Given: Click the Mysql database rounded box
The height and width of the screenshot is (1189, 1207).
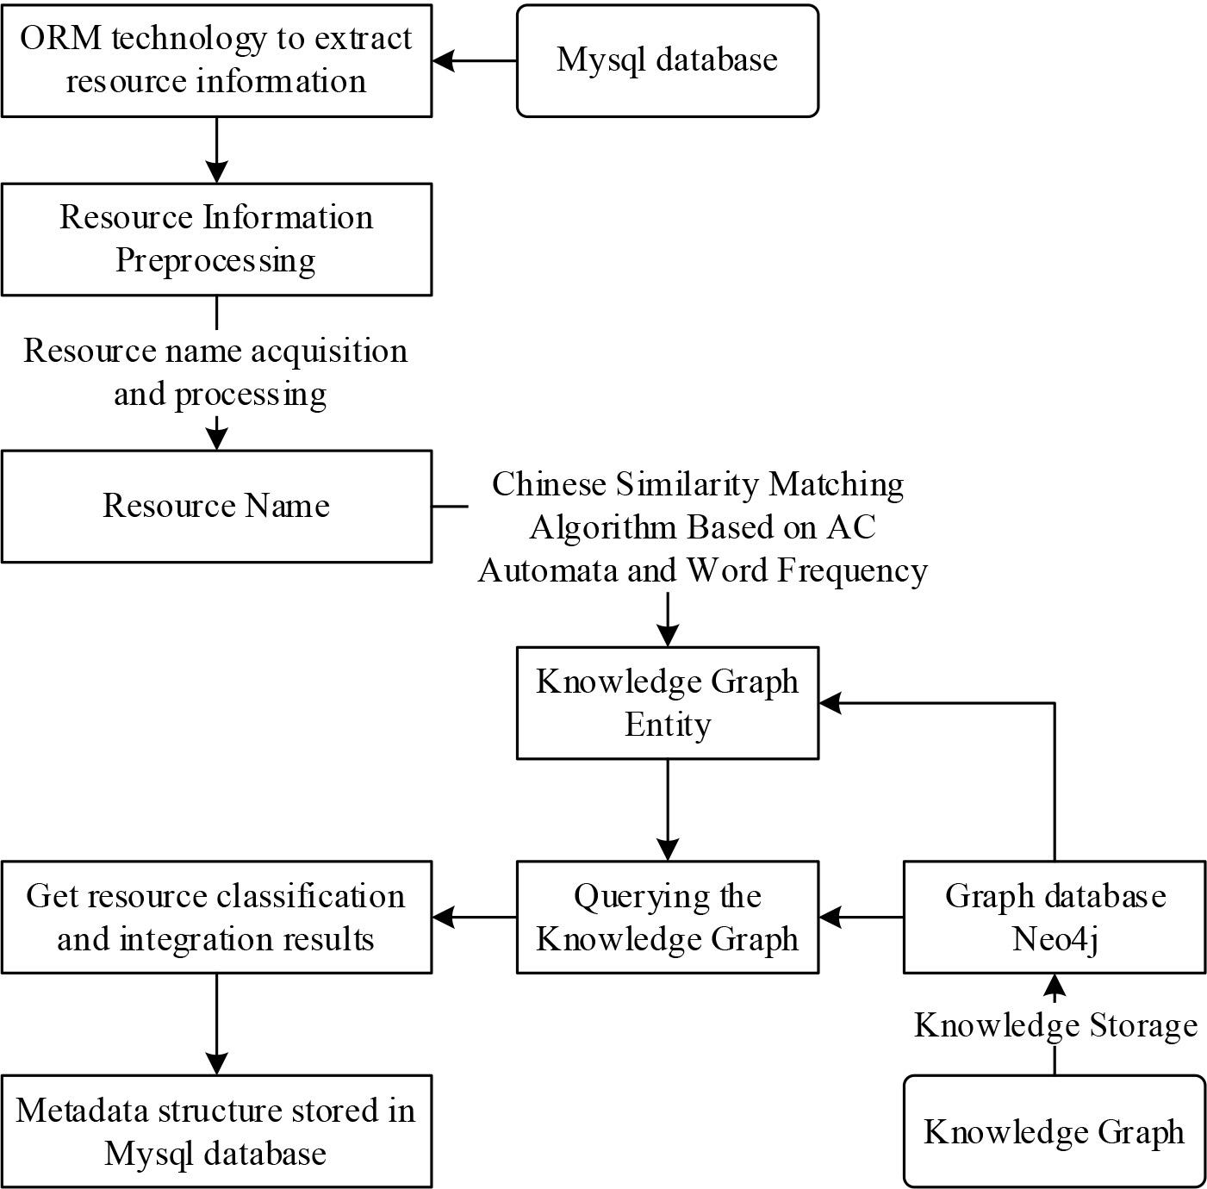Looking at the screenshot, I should click(667, 60).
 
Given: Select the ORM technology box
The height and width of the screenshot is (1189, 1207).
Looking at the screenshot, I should click(216, 60).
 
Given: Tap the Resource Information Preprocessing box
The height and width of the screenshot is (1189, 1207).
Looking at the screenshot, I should click(216, 239).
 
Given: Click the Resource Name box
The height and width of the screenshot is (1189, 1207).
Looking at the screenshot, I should click(216, 506).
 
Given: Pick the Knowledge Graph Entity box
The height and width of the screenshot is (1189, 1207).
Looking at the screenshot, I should click(667, 702).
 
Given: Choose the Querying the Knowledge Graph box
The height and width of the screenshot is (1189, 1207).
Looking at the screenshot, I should click(667, 917).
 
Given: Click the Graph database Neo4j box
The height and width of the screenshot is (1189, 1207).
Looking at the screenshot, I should click(1054, 917).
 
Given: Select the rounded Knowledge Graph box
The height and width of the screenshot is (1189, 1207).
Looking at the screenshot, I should click(1054, 1131).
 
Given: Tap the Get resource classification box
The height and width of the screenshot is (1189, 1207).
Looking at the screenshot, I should click(216, 917).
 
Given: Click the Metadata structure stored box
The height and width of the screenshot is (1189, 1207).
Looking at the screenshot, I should click(216, 1131).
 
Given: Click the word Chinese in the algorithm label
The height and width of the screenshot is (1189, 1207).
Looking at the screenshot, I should click(549, 484).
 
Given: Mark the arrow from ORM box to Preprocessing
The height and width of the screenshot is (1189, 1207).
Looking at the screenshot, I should click(216, 150).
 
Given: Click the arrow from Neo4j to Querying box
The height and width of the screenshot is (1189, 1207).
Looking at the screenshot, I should click(861, 918).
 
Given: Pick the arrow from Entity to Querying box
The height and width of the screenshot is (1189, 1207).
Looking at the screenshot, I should click(668, 810).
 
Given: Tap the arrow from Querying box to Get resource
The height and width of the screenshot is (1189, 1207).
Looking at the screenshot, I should click(474, 918).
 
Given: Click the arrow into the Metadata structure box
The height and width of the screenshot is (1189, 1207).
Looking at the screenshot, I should click(216, 1024).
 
